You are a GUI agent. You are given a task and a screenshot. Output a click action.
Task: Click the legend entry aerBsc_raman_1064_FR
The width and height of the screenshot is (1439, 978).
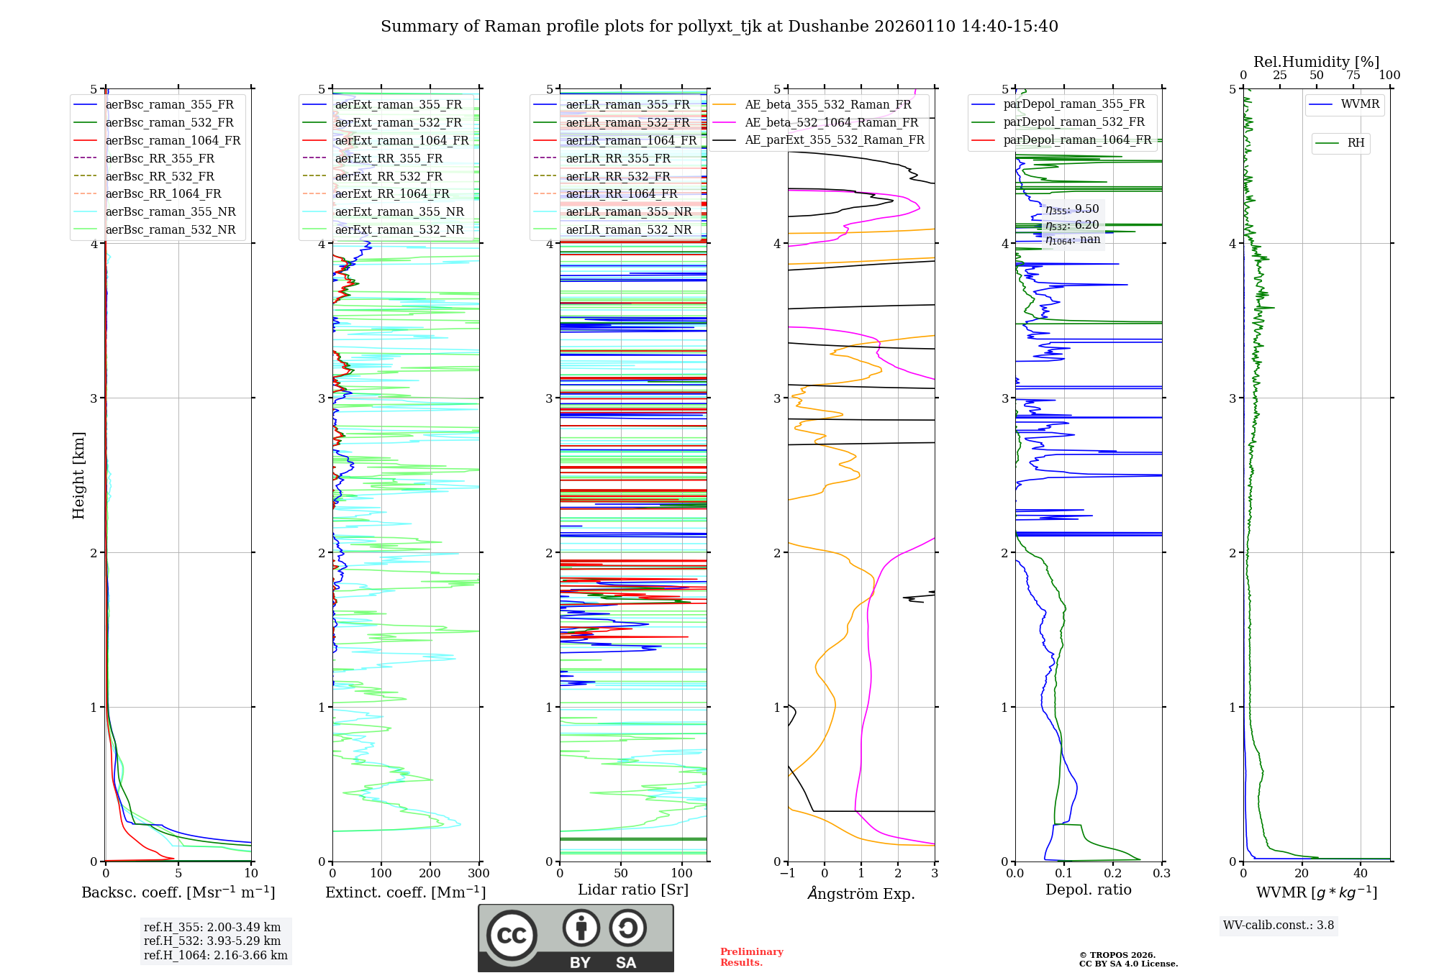click(173, 140)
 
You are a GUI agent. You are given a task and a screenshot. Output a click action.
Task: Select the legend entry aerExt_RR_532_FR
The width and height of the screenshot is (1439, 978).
click(389, 176)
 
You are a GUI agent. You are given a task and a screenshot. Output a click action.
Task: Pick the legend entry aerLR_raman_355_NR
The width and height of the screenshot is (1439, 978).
click(628, 211)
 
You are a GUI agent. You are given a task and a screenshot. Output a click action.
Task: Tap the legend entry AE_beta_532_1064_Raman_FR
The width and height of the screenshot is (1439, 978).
click(831, 122)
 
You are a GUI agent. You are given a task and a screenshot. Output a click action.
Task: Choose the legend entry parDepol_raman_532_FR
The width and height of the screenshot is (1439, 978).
click(1073, 122)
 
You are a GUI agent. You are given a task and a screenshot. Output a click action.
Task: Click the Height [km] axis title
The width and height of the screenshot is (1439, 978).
click(78, 475)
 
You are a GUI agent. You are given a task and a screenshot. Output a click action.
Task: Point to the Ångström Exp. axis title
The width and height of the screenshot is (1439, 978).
click(861, 893)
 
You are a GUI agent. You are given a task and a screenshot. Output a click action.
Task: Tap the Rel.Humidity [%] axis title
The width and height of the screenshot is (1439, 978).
click(1316, 62)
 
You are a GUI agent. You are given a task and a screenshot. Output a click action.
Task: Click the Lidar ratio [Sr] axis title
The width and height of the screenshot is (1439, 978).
click(633, 890)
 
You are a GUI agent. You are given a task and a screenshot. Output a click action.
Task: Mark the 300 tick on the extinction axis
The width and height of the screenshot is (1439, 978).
click(479, 874)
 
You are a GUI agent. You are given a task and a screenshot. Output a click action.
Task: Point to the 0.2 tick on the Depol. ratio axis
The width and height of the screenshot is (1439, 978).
click(1113, 874)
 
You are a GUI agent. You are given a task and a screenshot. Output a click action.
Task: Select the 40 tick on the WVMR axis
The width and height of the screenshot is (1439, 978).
click(1361, 874)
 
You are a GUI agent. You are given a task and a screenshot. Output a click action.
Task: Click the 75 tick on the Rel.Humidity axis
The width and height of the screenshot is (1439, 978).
click(1353, 76)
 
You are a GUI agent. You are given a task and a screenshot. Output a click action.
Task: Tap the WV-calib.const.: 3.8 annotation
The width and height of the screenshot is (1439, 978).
click(1279, 926)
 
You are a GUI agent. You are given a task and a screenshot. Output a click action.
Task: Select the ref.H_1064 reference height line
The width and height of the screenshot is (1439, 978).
click(215, 956)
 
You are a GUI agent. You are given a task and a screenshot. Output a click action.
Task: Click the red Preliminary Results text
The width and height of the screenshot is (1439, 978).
click(751, 957)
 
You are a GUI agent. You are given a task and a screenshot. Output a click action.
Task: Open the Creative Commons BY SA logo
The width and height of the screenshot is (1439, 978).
click(576, 938)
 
